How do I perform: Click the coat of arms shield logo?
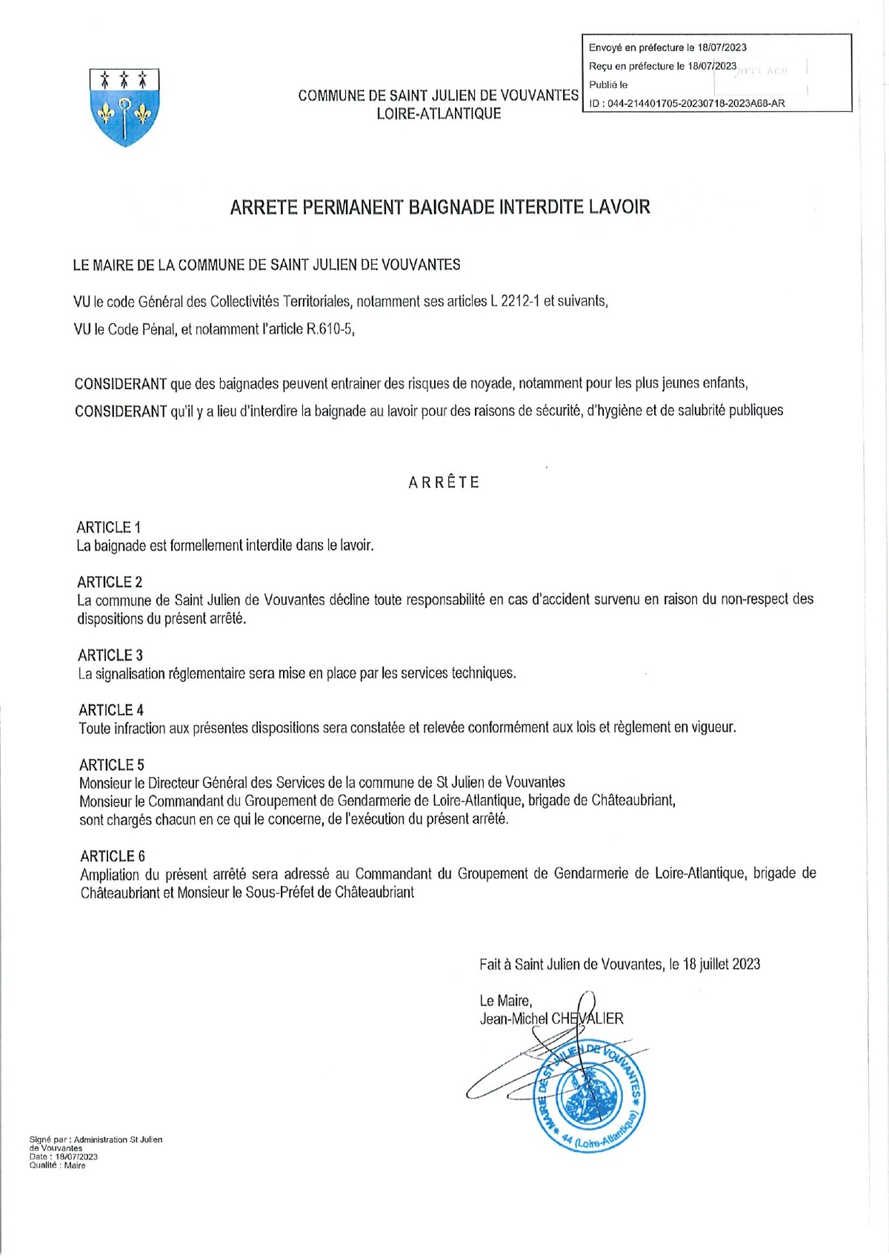click(124, 107)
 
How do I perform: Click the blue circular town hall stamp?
click(590, 1096)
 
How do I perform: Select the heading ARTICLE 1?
click(108, 527)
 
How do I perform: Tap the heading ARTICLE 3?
click(110, 655)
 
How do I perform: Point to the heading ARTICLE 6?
click(113, 856)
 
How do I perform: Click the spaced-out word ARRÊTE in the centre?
click(444, 483)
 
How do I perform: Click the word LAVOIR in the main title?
click(619, 207)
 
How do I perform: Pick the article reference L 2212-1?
click(515, 301)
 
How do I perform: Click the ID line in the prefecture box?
click(687, 104)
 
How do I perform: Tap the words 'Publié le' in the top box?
click(608, 85)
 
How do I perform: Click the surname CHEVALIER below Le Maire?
click(587, 1019)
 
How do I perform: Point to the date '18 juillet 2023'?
click(722, 964)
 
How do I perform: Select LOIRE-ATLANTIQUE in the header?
click(439, 113)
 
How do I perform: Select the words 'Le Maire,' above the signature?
click(506, 1000)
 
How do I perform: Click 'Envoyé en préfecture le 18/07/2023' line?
click(667, 47)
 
